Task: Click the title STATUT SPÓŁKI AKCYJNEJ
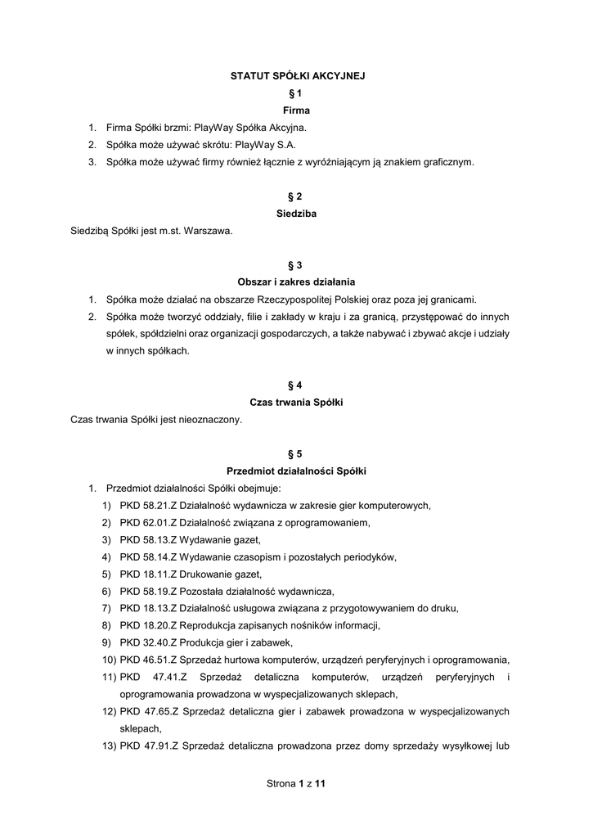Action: (296, 75)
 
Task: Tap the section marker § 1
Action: (296, 92)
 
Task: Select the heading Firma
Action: (296, 110)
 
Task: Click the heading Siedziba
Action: (296, 214)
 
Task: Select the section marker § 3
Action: (296, 265)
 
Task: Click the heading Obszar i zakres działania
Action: (296, 282)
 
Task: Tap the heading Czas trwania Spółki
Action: (296, 403)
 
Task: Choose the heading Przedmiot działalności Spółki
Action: (296, 471)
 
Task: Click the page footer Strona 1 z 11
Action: (296, 784)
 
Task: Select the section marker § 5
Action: (296, 454)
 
